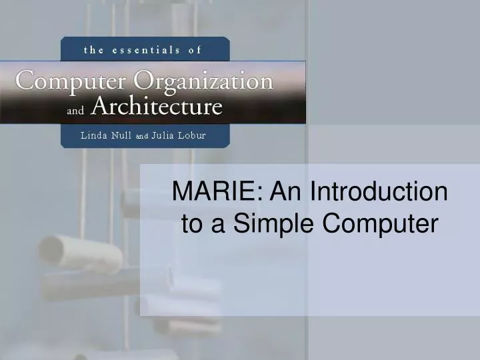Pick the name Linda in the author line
pos(96,135)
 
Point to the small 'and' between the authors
pos(142,136)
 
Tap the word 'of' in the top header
pos(194,49)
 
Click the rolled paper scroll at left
pos(80,253)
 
